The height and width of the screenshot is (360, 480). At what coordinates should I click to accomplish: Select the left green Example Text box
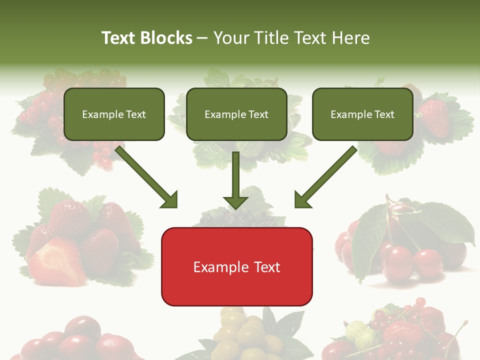click(x=114, y=114)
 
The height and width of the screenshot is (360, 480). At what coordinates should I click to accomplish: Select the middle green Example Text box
click(x=236, y=114)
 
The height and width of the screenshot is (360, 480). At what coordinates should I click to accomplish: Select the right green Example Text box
click(x=362, y=114)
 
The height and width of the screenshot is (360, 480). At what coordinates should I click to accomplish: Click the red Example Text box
click(x=236, y=267)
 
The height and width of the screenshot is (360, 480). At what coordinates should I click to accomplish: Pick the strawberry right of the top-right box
click(x=434, y=118)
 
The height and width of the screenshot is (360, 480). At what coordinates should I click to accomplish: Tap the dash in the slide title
click(x=202, y=38)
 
